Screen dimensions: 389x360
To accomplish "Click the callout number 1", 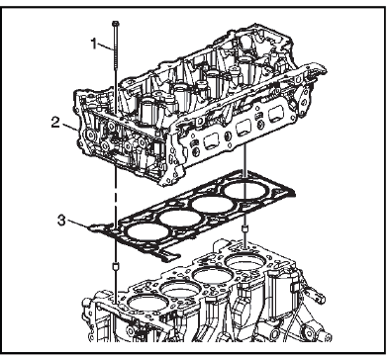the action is point(94,44).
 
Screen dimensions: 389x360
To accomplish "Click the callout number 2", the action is point(55,123).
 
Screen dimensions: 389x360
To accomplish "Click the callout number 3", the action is point(61,221).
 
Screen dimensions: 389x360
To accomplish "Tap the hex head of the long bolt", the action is point(115,24).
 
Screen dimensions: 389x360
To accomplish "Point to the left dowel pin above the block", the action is point(116,266).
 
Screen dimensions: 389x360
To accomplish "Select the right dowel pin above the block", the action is point(245,229).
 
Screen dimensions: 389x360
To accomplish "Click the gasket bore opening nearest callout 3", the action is point(147,231).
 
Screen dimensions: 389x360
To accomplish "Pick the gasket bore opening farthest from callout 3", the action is point(243,190).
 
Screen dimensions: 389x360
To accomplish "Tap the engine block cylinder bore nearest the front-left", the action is point(146,303).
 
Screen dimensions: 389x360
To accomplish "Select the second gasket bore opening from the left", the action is point(180,218).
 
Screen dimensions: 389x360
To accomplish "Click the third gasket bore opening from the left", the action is point(212,205).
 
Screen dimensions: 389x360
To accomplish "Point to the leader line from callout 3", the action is point(78,225).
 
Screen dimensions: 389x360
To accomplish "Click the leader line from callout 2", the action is point(70,127).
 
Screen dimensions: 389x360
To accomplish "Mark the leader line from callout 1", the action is point(106,47).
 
